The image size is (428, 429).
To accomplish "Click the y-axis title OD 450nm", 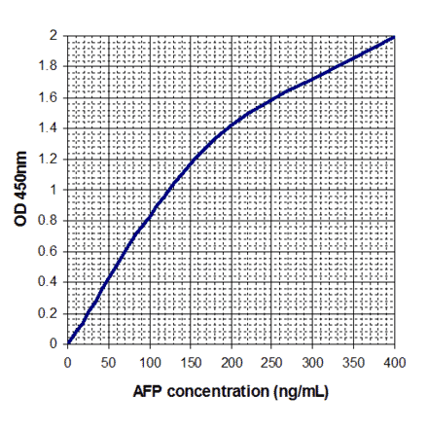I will pos(21,190).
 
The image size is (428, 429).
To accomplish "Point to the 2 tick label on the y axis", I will pos(54,35).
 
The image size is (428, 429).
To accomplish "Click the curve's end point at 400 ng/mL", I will pos(394,36).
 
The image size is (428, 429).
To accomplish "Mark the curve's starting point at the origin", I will pos(67,343).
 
